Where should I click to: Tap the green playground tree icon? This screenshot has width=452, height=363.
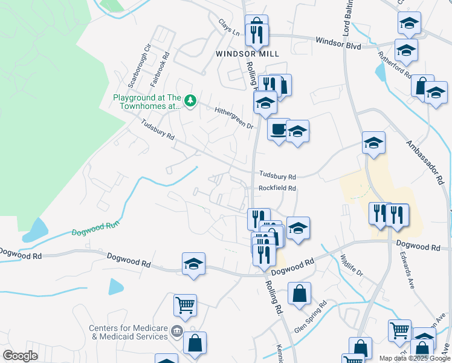[x=190, y=100]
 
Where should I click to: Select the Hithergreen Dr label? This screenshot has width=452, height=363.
[x=234, y=116]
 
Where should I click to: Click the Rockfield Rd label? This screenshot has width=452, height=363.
[x=277, y=188]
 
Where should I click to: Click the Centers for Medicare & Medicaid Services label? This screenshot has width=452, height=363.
[x=128, y=332]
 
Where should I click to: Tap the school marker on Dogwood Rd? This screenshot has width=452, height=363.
[x=193, y=264]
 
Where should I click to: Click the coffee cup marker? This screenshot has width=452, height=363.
[x=279, y=129]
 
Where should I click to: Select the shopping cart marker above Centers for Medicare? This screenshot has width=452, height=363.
[x=185, y=305]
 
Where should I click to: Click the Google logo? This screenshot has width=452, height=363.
[x=20, y=356]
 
